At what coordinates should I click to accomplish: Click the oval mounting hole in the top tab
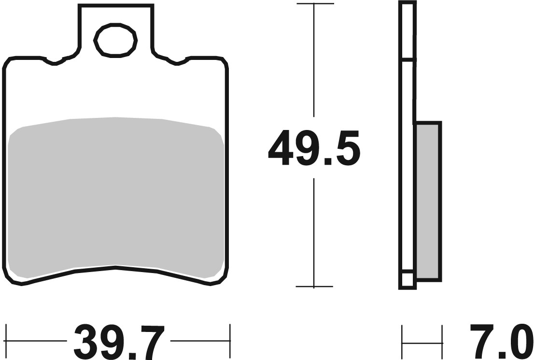[x=116, y=40]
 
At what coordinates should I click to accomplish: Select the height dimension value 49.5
[x=314, y=148]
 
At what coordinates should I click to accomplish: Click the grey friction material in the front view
[x=116, y=193]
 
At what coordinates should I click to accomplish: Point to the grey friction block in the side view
[x=428, y=201]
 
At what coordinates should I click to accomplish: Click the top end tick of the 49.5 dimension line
[x=314, y=4]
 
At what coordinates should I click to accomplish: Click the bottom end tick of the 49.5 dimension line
[x=314, y=287]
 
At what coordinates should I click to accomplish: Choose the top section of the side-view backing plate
[x=407, y=31]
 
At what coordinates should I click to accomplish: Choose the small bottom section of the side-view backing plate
[x=407, y=281]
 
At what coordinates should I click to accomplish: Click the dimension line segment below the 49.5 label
[x=314, y=232]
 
